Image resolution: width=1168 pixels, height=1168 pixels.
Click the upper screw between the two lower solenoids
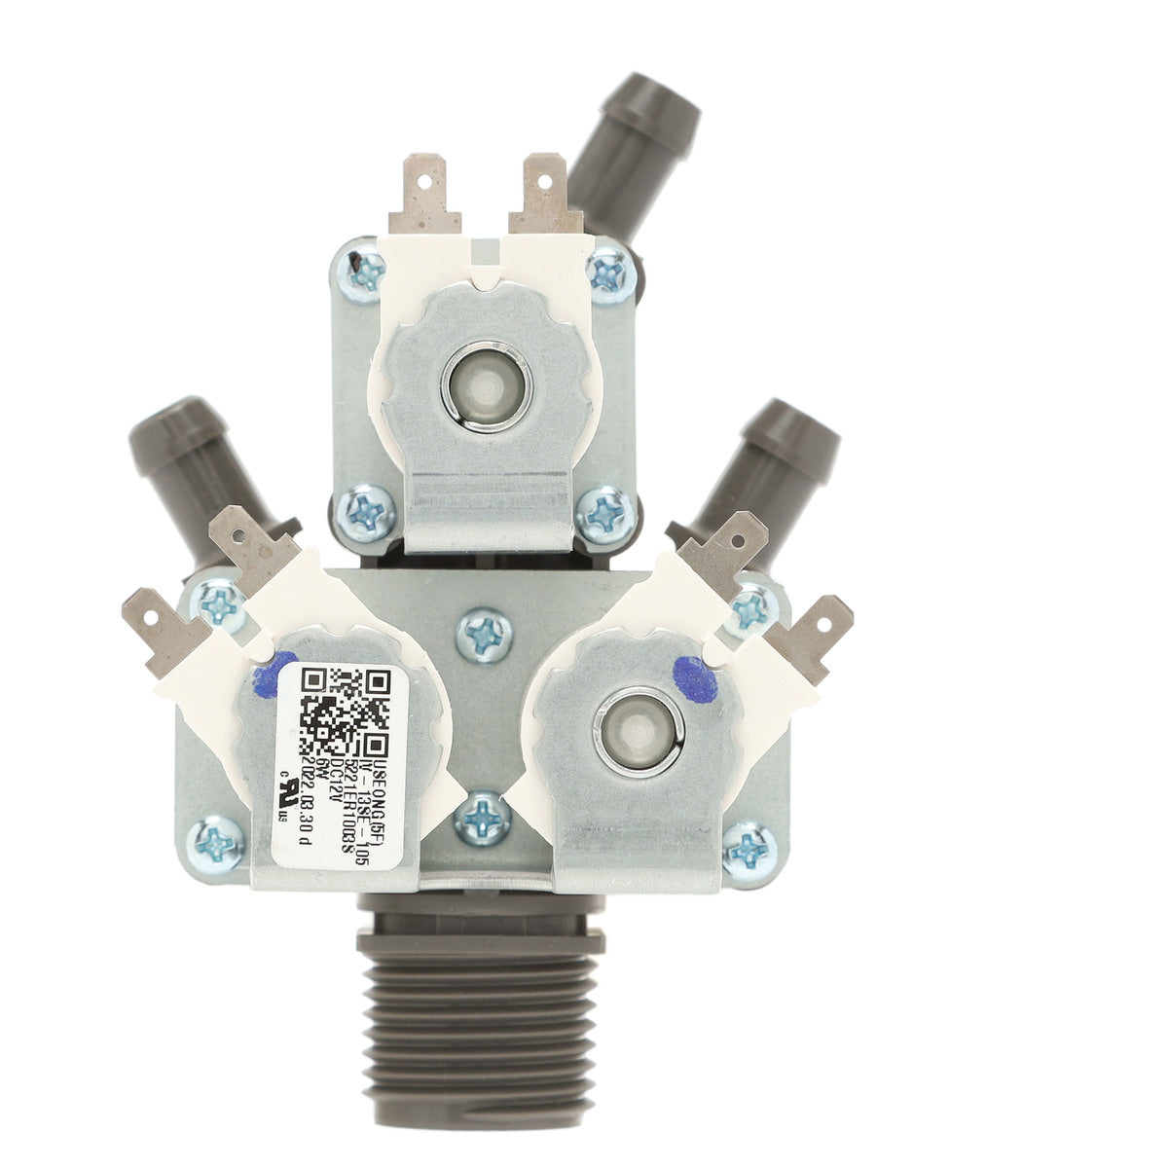click(x=485, y=632)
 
